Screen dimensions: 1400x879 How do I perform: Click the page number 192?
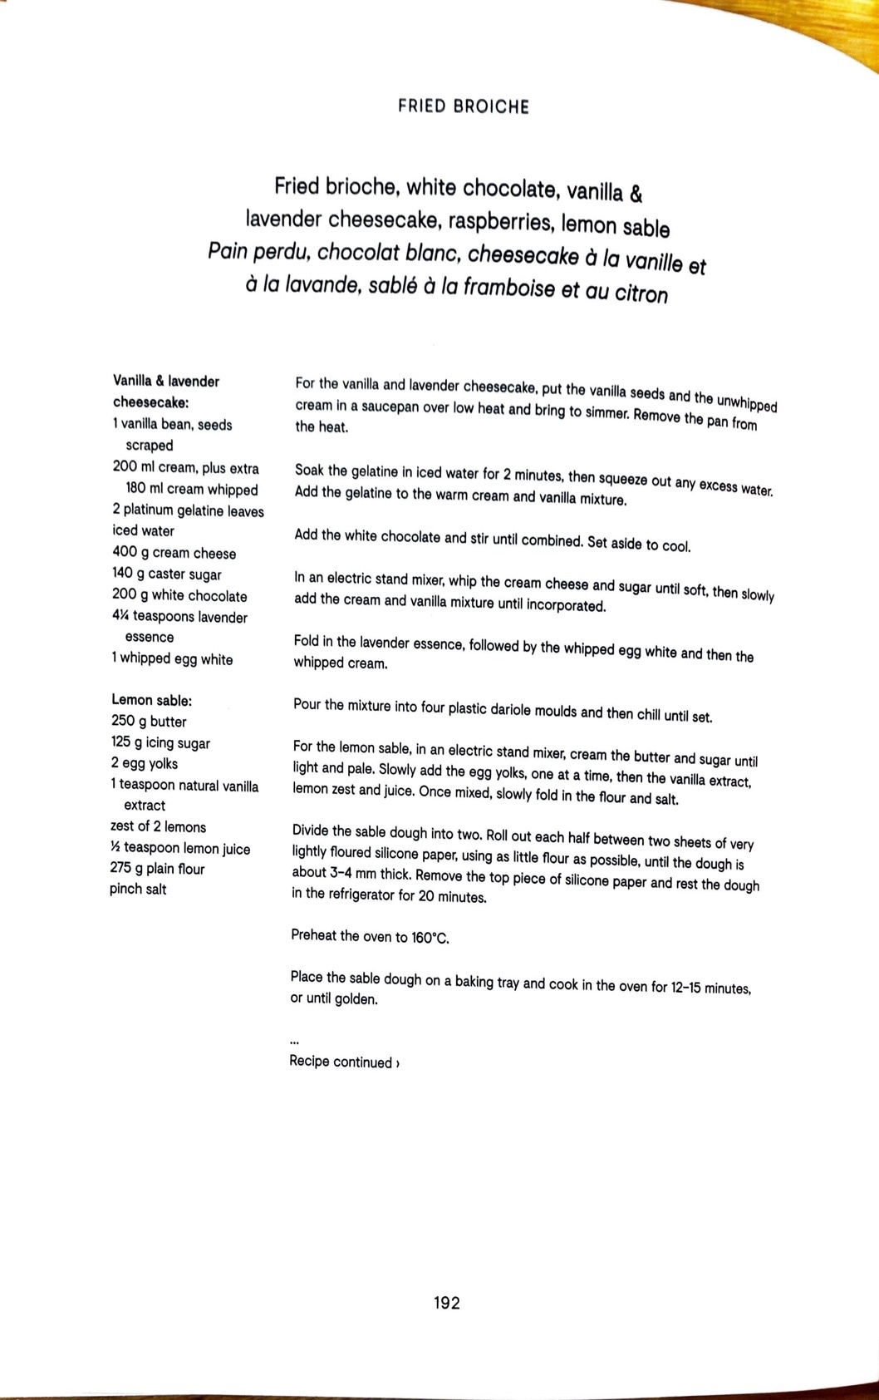click(446, 1303)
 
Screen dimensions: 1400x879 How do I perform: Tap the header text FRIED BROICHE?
click(463, 106)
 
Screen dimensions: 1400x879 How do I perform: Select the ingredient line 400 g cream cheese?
click(174, 553)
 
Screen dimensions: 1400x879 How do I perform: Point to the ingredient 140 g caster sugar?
click(166, 574)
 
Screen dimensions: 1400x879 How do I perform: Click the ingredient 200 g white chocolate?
click(179, 596)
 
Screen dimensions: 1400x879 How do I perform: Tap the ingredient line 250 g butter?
click(149, 722)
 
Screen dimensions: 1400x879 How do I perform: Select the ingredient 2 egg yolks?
click(144, 763)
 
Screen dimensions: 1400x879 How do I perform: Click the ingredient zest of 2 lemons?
click(158, 826)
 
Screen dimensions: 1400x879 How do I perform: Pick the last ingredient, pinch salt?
click(138, 889)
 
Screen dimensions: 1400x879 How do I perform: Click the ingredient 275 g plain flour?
click(157, 869)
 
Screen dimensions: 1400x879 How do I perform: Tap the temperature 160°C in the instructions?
click(430, 938)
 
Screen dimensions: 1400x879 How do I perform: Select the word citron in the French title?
click(639, 293)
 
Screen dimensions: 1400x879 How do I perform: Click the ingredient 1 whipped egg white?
click(172, 659)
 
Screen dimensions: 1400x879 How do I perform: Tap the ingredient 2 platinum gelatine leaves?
click(188, 511)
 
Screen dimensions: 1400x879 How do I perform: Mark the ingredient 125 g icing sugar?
click(160, 743)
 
